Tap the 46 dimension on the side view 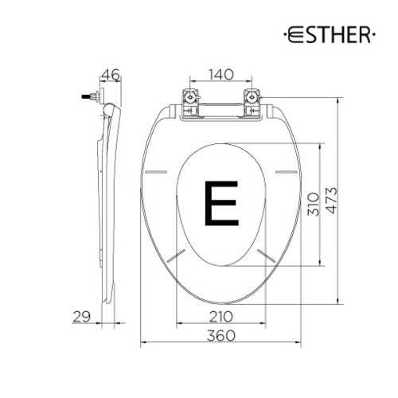(x=111, y=76)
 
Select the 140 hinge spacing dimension (x=220, y=76)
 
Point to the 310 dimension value (x=313, y=204)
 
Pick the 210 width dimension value (x=220, y=317)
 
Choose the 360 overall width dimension (x=220, y=336)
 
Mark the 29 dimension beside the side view (x=81, y=317)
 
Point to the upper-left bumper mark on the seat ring (x=158, y=171)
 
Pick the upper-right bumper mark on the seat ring (x=284, y=171)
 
